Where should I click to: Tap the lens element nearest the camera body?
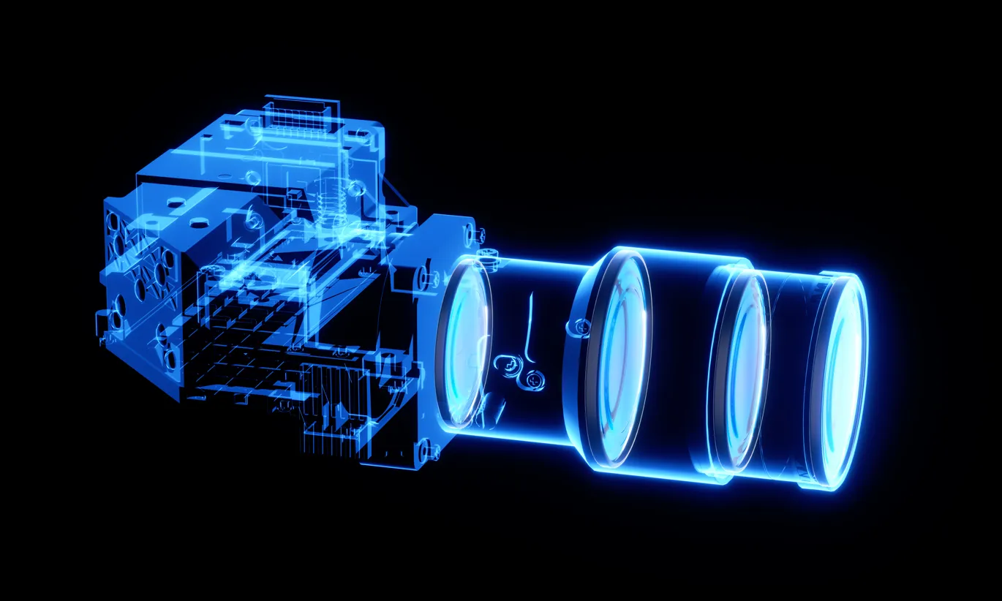(463, 344)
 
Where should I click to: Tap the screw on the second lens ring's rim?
(577, 327)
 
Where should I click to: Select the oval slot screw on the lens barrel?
(505, 362)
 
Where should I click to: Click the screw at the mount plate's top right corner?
(481, 234)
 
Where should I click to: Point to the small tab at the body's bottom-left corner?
(102, 322)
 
